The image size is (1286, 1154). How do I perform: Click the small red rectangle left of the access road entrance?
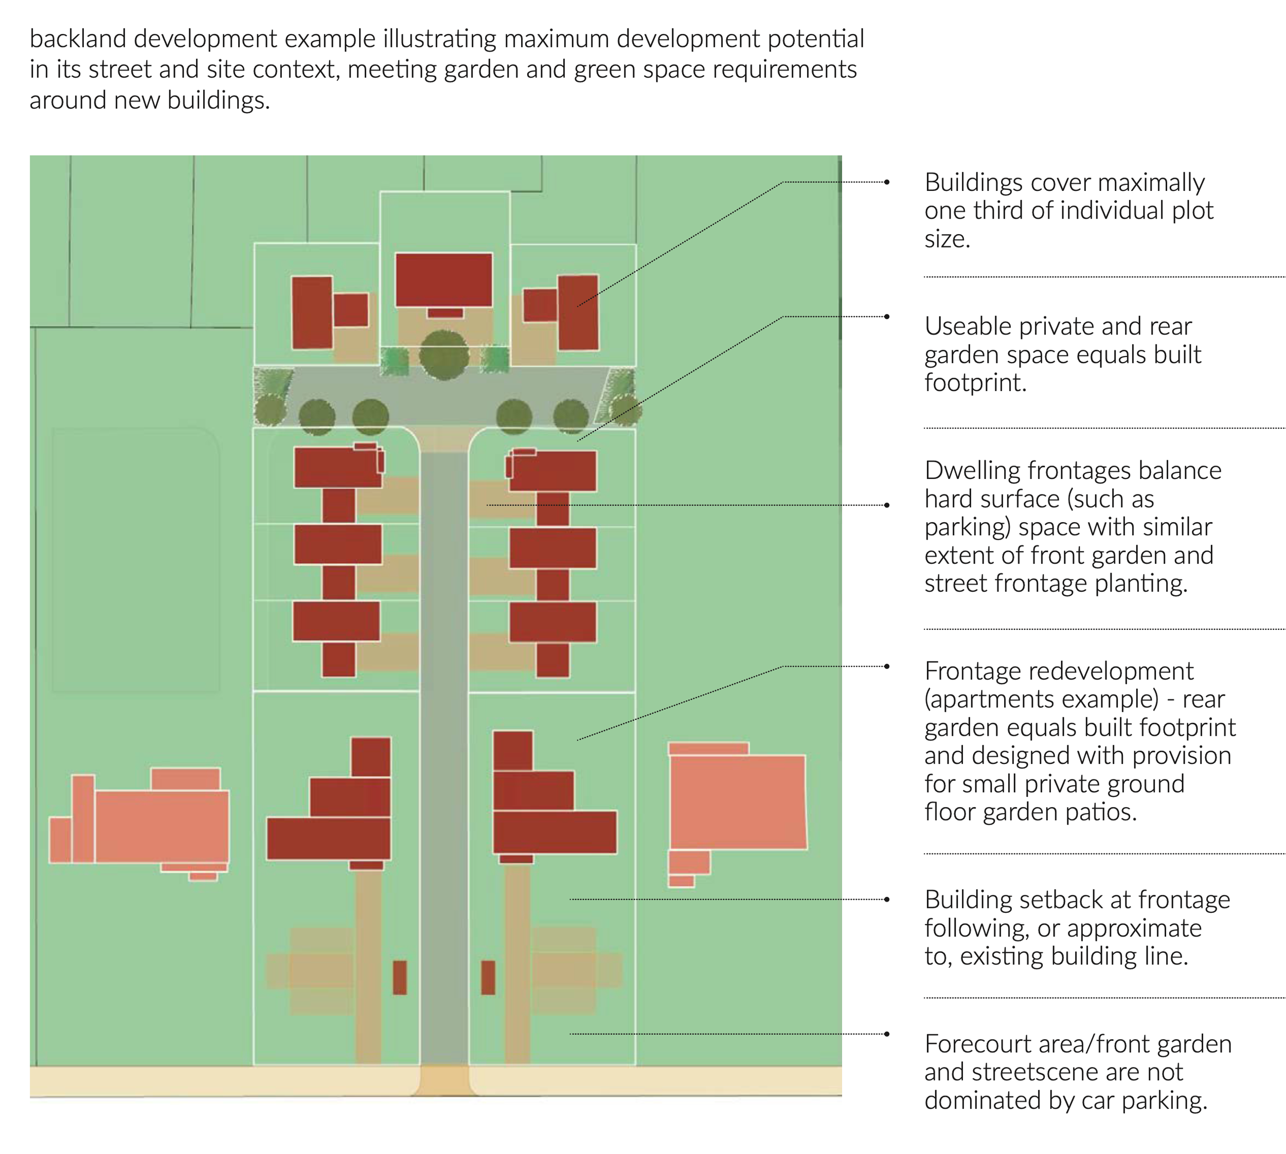click(399, 977)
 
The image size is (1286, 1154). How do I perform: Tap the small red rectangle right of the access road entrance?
click(488, 977)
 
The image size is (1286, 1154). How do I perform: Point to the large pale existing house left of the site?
click(162, 826)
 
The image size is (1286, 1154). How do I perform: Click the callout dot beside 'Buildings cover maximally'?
click(887, 182)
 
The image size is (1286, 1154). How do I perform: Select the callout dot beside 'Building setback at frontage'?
click(887, 899)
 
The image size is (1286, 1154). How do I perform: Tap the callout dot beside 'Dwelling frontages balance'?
click(887, 505)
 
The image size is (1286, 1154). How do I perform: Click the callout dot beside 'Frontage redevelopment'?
click(887, 666)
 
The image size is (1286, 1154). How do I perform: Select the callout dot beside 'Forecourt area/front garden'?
click(887, 1034)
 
